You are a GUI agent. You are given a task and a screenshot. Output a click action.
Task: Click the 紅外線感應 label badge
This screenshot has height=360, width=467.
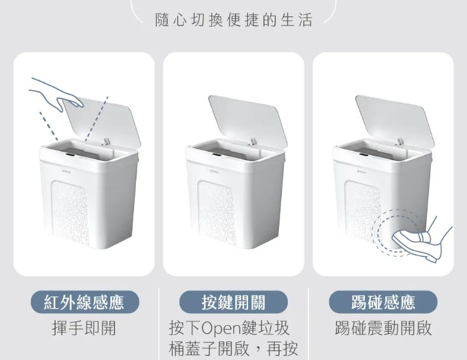tap(85, 302)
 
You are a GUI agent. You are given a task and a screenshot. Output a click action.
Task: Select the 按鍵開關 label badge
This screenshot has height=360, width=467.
tap(233, 302)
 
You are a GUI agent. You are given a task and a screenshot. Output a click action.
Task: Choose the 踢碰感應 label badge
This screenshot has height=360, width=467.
tap(383, 302)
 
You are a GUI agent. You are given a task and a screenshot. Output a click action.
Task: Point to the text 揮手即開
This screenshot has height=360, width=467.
tap(84, 328)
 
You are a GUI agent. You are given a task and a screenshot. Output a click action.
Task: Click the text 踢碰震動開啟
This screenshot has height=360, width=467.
tap(383, 328)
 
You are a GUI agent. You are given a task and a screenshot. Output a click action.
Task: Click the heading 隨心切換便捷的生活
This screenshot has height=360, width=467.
tap(234, 20)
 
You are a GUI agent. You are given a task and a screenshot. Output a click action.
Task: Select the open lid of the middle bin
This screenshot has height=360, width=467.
tap(248, 120)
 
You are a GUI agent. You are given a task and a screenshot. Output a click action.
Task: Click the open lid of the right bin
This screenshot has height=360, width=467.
tap(395, 120)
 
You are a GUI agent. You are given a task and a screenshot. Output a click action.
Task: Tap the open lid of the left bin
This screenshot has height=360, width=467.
tap(100, 120)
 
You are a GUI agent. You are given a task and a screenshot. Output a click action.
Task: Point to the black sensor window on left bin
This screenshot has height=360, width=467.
tap(70, 155)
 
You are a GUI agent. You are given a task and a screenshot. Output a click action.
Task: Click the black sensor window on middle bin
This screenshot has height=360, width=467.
tap(217, 155)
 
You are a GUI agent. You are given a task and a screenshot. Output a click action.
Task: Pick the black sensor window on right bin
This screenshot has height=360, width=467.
tap(364, 155)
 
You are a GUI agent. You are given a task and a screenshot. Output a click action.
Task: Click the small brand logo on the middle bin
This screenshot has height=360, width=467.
tap(214, 172)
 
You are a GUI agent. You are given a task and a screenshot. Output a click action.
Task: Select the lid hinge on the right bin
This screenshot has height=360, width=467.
tap(399, 141)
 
